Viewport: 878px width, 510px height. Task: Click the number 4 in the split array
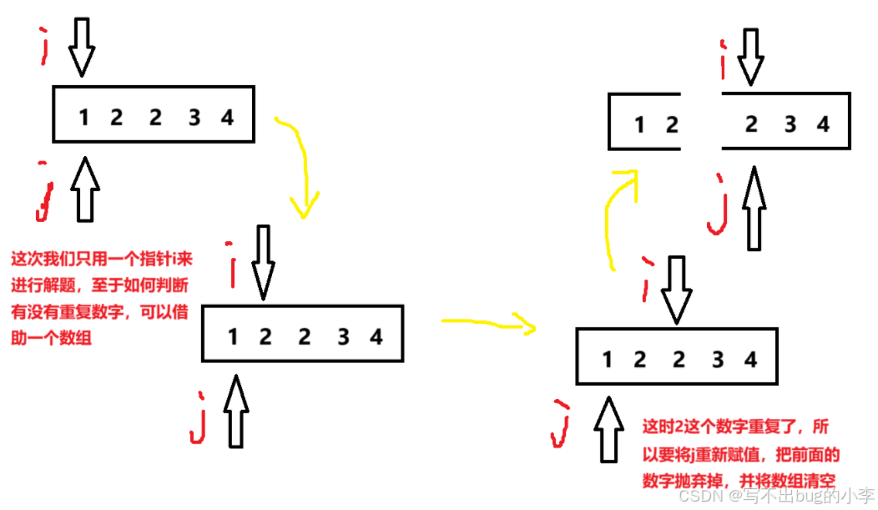824,125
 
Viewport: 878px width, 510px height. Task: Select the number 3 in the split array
790,125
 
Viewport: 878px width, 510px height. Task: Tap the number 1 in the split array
639,125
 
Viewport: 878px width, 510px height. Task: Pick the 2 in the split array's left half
672,125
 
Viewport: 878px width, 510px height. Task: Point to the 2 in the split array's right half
751,125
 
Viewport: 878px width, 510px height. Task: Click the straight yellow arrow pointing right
487,324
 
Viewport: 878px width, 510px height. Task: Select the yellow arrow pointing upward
622,217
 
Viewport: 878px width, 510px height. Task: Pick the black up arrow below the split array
754,209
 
